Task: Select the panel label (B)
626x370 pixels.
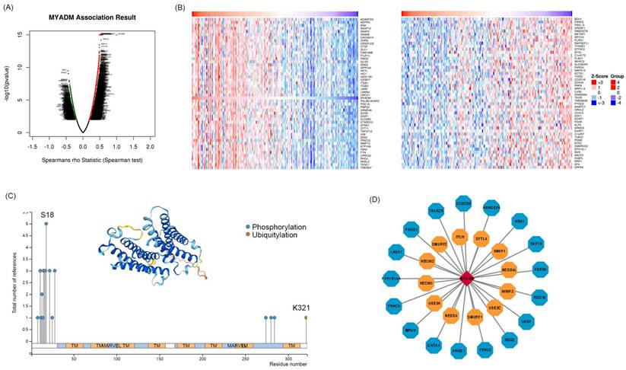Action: (x=179, y=7)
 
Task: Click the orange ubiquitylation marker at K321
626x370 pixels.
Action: (x=307, y=317)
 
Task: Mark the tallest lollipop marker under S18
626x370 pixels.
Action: (x=46, y=224)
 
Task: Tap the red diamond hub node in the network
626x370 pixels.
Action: (x=462, y=280)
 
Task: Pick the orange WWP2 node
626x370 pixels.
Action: (x=507, y=291)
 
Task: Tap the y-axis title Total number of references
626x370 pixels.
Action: (x=14, y=274)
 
